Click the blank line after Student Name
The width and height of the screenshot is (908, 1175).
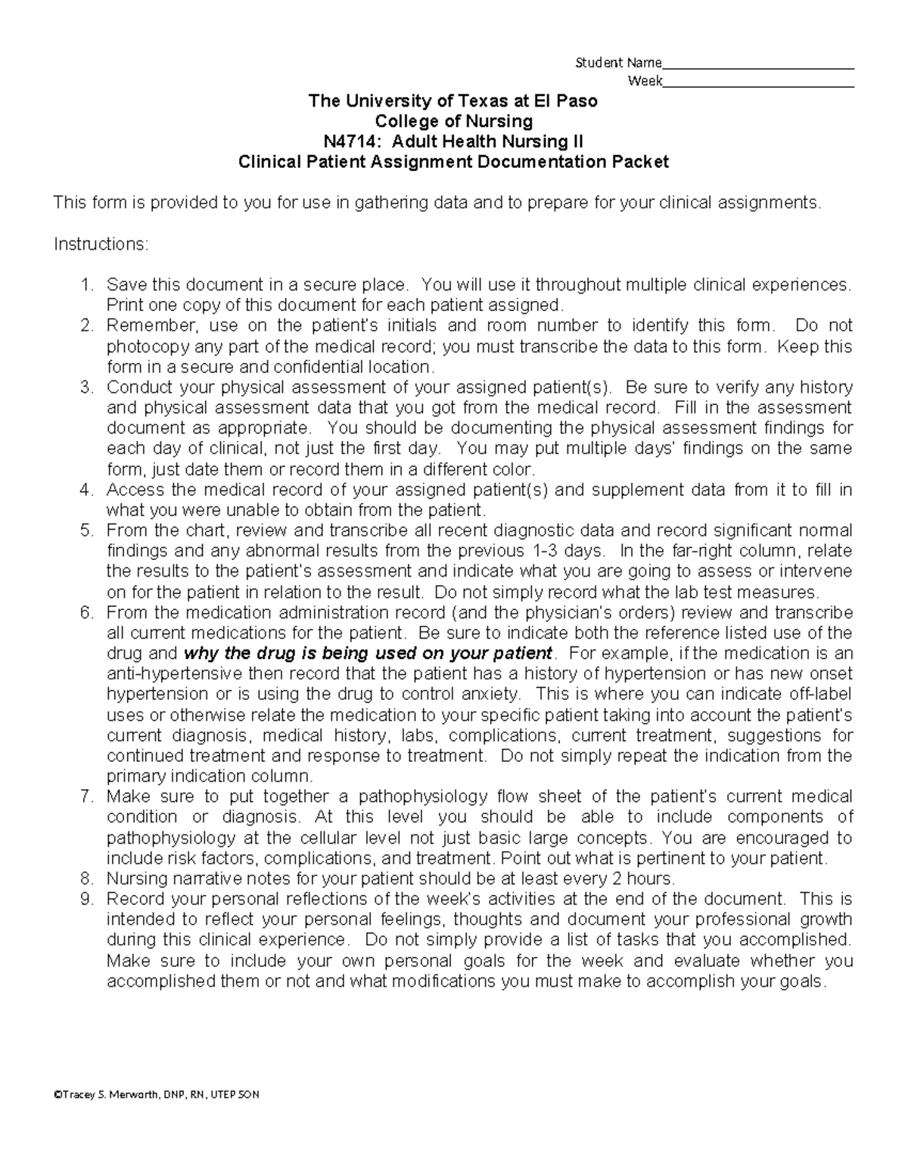coord(757,67)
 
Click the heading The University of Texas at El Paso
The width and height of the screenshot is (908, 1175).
coord(452,101)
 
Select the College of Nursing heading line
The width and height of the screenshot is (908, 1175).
coord(453,121)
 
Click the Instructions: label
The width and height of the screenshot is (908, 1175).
coord(101,244)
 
